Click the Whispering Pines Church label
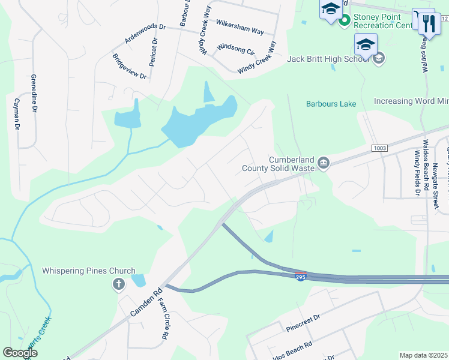point(89,271)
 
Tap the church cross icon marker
point(119,284)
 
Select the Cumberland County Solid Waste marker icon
point(324,163)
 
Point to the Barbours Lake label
point(331,104)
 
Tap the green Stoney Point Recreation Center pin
point(345,21)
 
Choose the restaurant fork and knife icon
point(427,24)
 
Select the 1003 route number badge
point(379,148)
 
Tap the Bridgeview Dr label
point(130,67)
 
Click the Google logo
point(20,353)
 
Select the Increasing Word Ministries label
point(411,101)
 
